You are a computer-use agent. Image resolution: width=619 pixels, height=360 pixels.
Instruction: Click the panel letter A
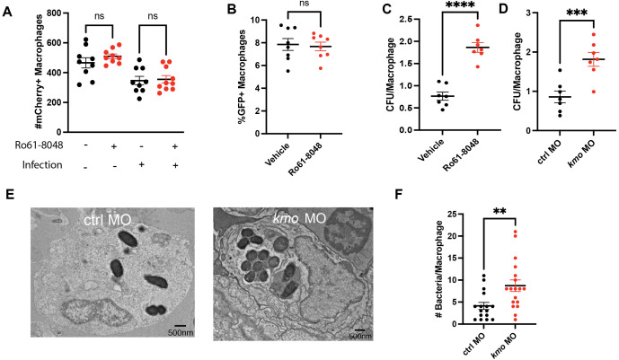tap(7, 12)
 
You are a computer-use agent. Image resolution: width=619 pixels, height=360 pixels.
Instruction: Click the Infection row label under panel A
tap(42, 164)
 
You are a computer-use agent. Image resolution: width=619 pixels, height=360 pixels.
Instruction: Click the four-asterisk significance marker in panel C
tap(460, 6)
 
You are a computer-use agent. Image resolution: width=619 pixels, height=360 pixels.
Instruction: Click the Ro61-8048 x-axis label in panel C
tap(462, 155)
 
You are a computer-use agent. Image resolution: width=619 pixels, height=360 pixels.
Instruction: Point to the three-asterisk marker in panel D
tap(577, 13)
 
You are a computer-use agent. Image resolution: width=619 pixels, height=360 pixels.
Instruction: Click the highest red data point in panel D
tap(594, 35)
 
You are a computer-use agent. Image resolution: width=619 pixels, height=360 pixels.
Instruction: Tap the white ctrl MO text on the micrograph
tap(108, 220)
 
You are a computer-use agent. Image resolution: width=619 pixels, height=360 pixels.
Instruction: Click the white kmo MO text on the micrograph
tap(299, 218)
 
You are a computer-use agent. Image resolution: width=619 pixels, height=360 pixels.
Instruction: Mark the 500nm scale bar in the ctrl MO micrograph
tap(181, 326)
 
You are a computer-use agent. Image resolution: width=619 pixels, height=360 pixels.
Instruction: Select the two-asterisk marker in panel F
tap(500, 210)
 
